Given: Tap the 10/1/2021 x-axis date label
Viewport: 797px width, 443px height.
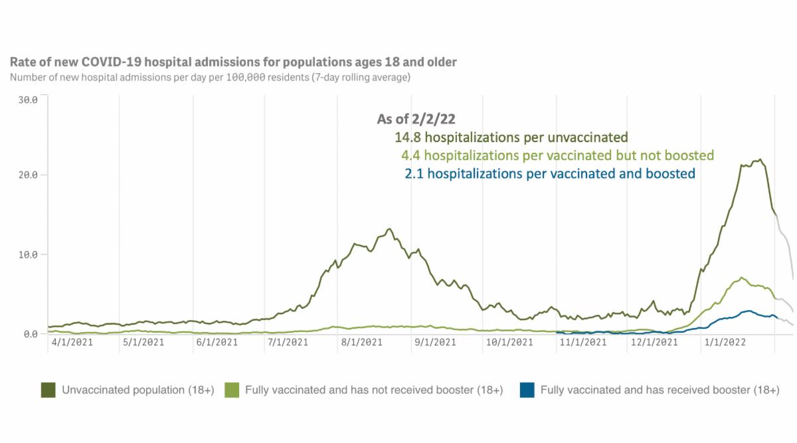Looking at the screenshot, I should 509,343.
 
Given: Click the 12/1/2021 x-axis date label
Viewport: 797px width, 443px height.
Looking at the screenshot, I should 655,343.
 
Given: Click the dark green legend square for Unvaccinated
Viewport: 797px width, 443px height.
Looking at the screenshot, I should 48,390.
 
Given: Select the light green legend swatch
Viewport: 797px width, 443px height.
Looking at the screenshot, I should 232,390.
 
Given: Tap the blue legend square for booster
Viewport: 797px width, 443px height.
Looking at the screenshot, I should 527,390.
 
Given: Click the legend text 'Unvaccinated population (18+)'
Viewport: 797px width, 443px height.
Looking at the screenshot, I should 137,390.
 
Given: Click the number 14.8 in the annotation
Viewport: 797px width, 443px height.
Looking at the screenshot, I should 407,138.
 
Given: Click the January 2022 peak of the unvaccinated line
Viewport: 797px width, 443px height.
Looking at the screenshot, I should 760,159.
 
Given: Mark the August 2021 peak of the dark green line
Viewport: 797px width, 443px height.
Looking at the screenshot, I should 390,229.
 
